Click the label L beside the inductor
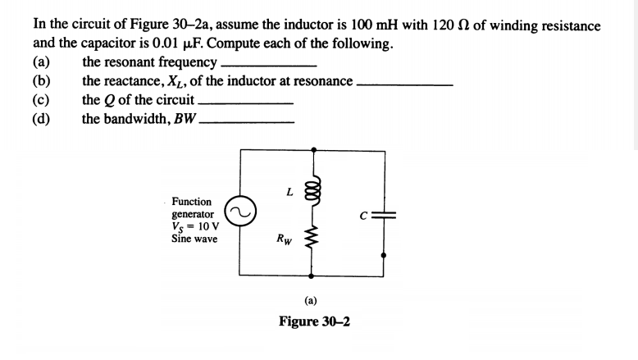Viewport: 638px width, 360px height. pos(289,192)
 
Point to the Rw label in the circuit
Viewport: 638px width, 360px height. pos(283,240)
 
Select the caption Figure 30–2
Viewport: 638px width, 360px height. pos(314,321)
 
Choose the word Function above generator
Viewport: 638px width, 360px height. pos(191,202)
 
